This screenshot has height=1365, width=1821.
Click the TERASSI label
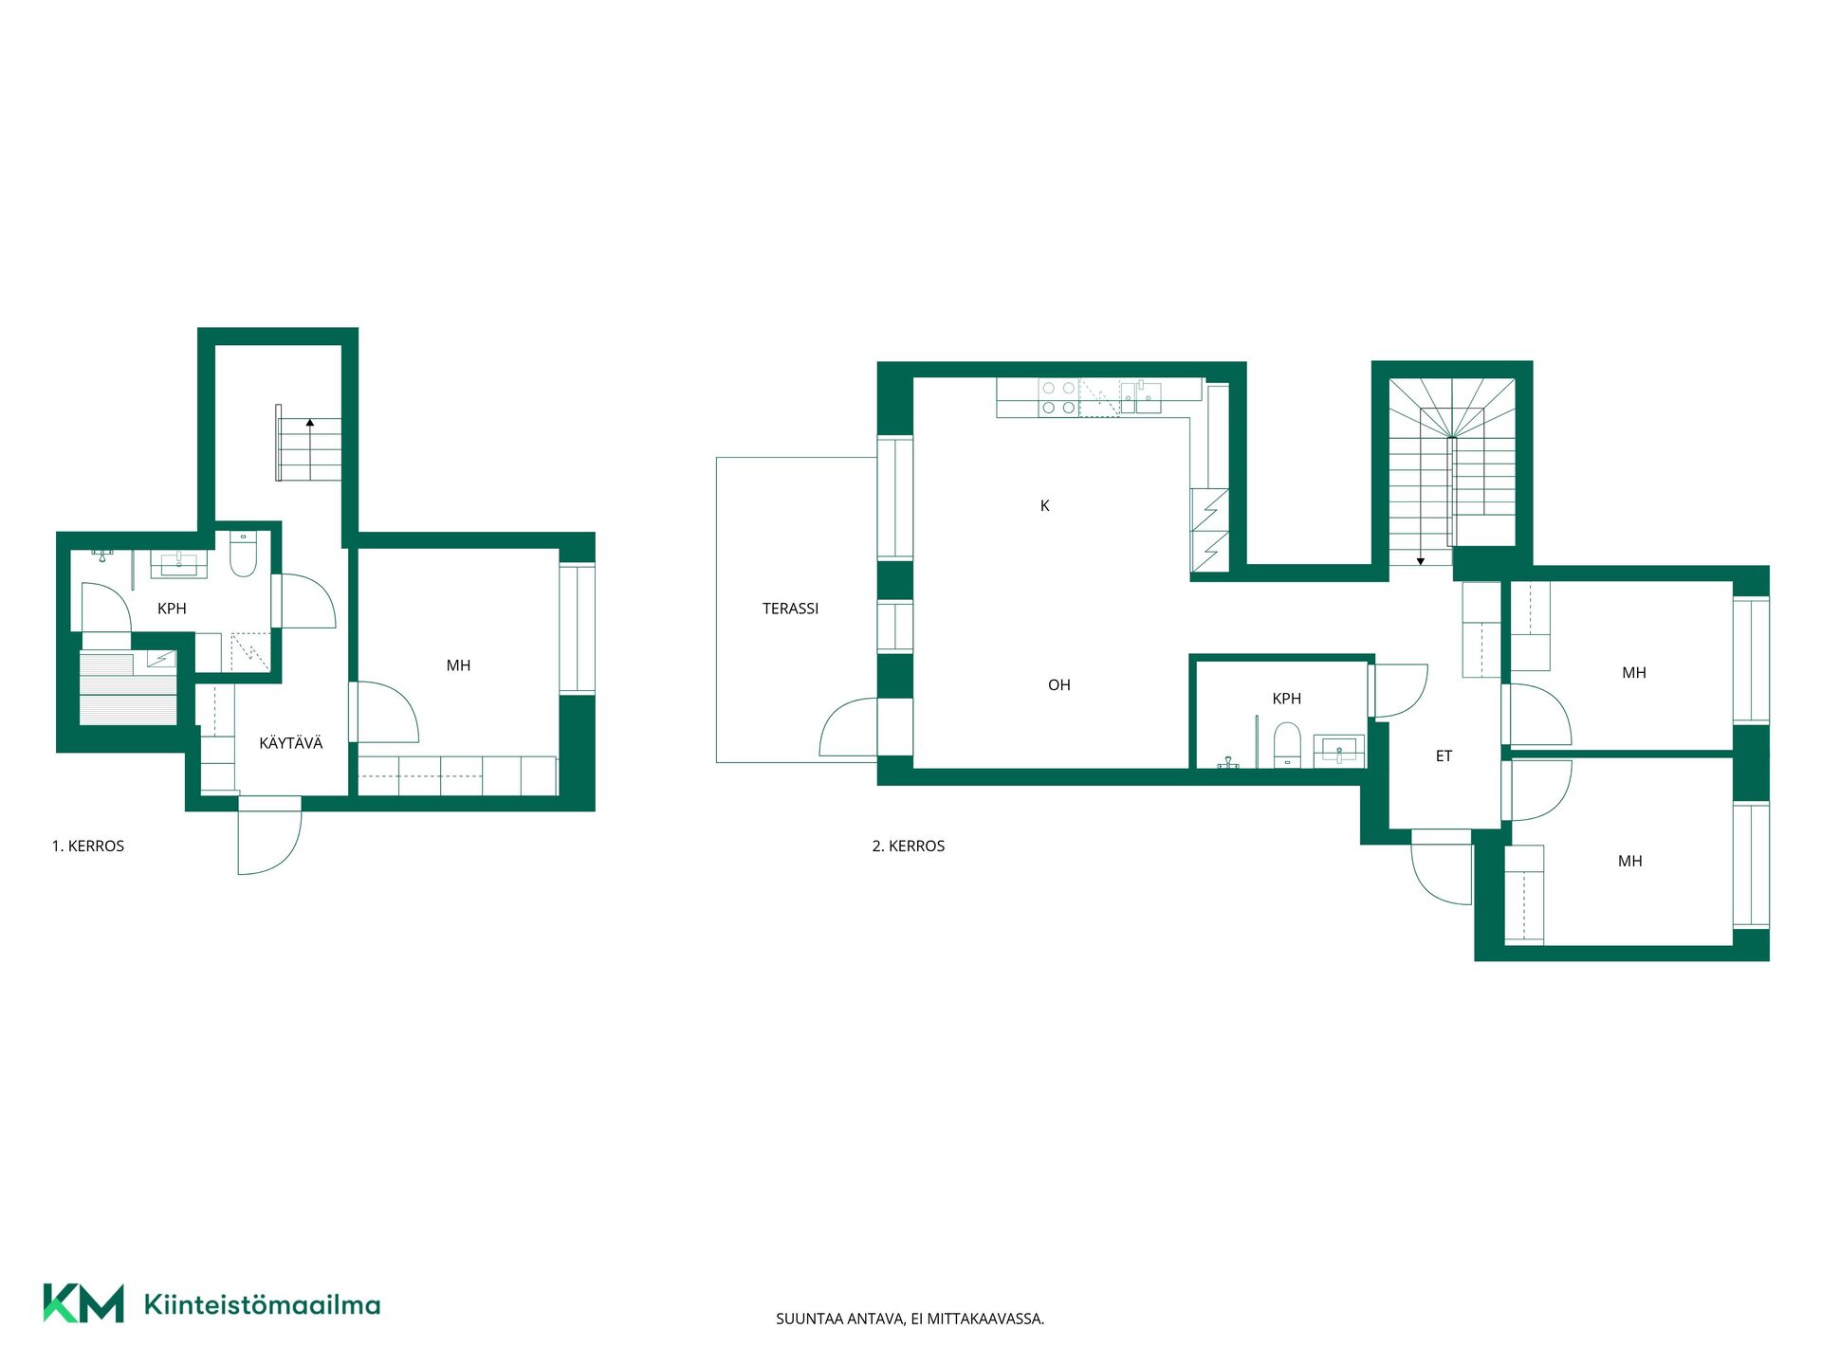(790, 609)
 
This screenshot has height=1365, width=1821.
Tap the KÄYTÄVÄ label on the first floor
(290, 743)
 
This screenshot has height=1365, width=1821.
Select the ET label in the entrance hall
(1444, 756)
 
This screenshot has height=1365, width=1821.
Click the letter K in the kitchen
(1044, 506)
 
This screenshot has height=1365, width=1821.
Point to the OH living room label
(1058, 685)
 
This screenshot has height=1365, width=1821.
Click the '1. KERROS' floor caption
(88, 846)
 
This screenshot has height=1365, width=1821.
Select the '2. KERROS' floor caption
(909, 846)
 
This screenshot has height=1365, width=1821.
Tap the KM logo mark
(83, 1303)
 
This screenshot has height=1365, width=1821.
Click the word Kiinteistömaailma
(262, 1304)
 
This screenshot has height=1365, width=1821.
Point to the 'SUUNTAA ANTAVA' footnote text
(910, 1319)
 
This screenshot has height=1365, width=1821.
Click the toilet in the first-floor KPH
(244, 555)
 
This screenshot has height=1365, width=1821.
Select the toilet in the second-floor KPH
(1287, 744)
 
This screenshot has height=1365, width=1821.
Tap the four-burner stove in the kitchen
(1058, 398)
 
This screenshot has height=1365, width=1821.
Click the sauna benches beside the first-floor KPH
(128, 689)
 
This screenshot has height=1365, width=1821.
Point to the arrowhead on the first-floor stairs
(310, 423)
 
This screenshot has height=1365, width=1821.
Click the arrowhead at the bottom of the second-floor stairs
(1421, 562)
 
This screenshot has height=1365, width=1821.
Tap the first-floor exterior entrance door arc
(285, 853)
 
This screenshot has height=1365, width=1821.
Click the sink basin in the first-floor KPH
(178, 565)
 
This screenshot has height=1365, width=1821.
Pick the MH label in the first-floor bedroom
(458, 666)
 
